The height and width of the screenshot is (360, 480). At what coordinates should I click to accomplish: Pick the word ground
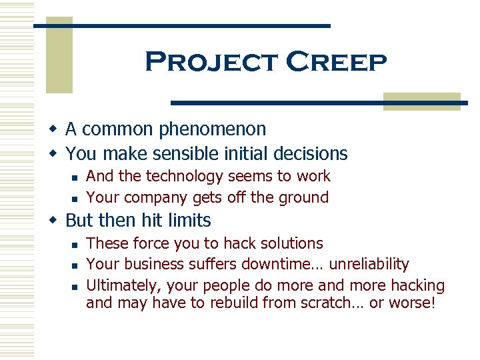pos(303,197)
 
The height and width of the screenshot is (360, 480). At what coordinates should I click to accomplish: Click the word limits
pos(188,221)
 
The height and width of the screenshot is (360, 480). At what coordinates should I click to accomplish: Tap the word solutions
pos(289,244)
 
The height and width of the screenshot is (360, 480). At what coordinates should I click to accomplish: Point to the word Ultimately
pos(123,286)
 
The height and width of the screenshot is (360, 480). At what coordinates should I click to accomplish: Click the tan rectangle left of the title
pos(59,55)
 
